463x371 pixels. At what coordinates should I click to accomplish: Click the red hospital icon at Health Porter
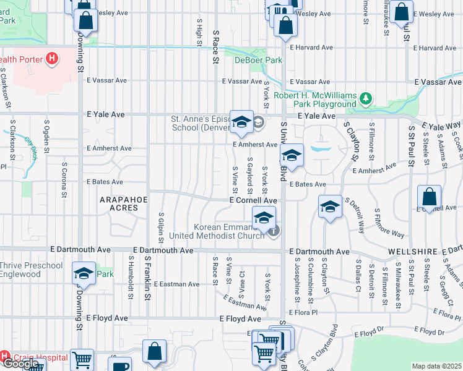(x=53, y=59)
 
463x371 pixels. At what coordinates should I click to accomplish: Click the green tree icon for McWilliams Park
(x=366, y=98)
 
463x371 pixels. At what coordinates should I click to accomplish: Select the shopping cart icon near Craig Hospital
(x=82, y=360)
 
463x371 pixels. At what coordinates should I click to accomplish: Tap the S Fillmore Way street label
(x=389, y=223)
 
